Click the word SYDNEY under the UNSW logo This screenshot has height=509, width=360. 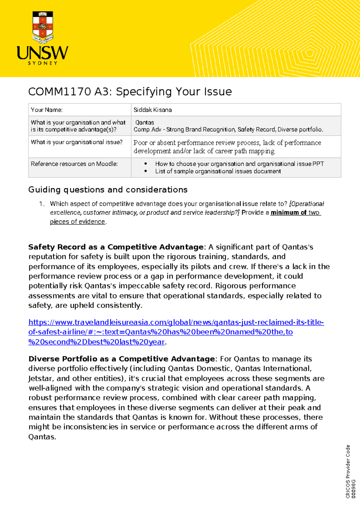click(43, 63)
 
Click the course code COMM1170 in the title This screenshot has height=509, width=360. click(60, 92)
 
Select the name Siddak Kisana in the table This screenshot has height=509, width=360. click(152, 110)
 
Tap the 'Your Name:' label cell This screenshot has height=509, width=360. click(47, 110)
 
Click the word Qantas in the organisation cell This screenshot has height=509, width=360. click(145, 122)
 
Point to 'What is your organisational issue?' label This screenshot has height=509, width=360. click(77, 142)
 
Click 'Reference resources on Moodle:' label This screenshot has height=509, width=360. click(74, 164)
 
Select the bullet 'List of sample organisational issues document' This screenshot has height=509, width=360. click(218, 171)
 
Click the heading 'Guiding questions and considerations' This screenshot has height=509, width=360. click(108, 190)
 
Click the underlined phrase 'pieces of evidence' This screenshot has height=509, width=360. click(77, 222)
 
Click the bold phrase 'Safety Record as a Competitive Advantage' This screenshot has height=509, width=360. click(116, 247)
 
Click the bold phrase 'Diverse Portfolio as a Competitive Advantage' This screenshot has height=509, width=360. click(121, 359)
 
